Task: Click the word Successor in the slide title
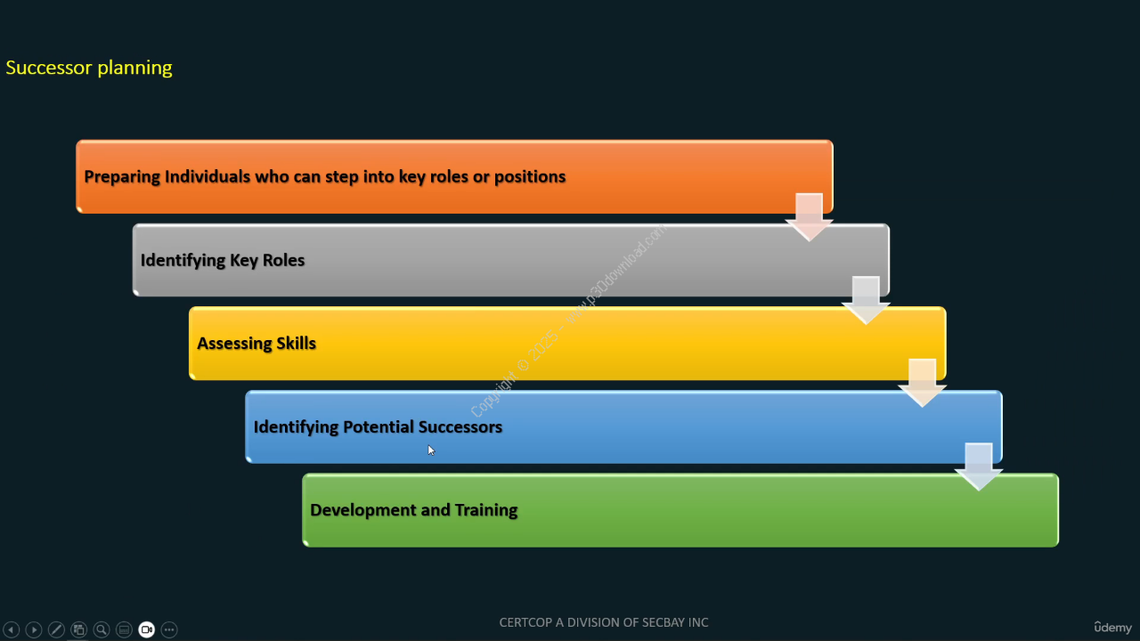(x=49, y=68)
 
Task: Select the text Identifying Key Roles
(x=223, y=260)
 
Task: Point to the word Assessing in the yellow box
(x=234, y=344)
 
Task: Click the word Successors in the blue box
(x=460, y=426)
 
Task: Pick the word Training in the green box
(x=486, y=510)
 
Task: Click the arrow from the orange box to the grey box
(x=810, y=217)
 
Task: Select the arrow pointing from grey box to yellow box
(x=866, y=300)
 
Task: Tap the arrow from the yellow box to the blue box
(x=922, y=383)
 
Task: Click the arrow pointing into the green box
(x=979, y=467)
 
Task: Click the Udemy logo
(x=1112, y=628)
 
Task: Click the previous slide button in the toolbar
(x=12, y=629)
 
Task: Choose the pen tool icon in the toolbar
(x=56, y=629)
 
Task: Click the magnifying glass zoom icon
(x=102, y=629)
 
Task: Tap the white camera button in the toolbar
(x=147, y=629)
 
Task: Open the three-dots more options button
(x=169, y=629)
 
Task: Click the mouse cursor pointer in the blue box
(x=431, y=450)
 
